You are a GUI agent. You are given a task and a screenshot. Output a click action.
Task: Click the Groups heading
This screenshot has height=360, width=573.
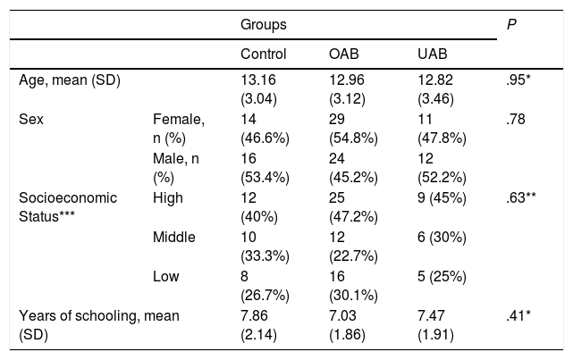[264, 25]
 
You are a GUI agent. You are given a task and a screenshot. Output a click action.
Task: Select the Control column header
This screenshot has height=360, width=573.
[264, 54]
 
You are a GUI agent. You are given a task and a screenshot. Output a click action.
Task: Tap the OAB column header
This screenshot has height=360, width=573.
[344, 54]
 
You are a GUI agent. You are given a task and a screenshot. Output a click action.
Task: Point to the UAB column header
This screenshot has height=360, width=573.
[433, 54]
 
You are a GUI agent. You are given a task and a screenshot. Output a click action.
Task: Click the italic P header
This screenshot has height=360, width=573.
[511, 24]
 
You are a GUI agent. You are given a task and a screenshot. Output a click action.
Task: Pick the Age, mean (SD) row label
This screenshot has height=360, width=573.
[70, 80]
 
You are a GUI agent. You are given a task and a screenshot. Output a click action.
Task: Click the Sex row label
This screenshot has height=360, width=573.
[31, 119]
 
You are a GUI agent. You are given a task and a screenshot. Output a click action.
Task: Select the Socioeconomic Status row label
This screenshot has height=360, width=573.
[68, 207]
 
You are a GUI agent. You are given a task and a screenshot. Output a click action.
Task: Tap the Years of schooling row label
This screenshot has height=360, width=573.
[99, 325]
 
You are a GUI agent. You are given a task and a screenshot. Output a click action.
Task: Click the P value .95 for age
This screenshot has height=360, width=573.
[518, 80]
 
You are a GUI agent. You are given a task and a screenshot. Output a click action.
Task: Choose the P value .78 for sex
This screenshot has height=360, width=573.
[516, 119]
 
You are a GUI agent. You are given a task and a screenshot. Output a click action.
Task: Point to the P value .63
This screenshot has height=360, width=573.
[521, 197]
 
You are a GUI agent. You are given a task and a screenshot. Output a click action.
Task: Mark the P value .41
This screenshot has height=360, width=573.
[518, 315]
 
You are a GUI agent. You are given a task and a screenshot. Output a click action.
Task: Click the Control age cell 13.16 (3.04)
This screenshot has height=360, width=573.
[258, 89]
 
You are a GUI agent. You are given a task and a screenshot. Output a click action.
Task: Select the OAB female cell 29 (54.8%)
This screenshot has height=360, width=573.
[353, 129]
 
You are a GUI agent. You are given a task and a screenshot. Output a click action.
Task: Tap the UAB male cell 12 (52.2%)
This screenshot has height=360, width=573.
[442, 168]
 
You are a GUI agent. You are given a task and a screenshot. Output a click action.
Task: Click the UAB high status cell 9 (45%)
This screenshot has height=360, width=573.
[442, 197]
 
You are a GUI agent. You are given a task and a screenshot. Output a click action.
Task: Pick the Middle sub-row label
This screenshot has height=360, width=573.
[174, 237]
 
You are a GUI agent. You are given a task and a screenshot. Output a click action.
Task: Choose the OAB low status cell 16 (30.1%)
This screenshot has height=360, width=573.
[353, 286]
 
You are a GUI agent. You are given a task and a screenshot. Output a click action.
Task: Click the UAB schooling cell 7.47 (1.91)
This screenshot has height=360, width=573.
[435, 325]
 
